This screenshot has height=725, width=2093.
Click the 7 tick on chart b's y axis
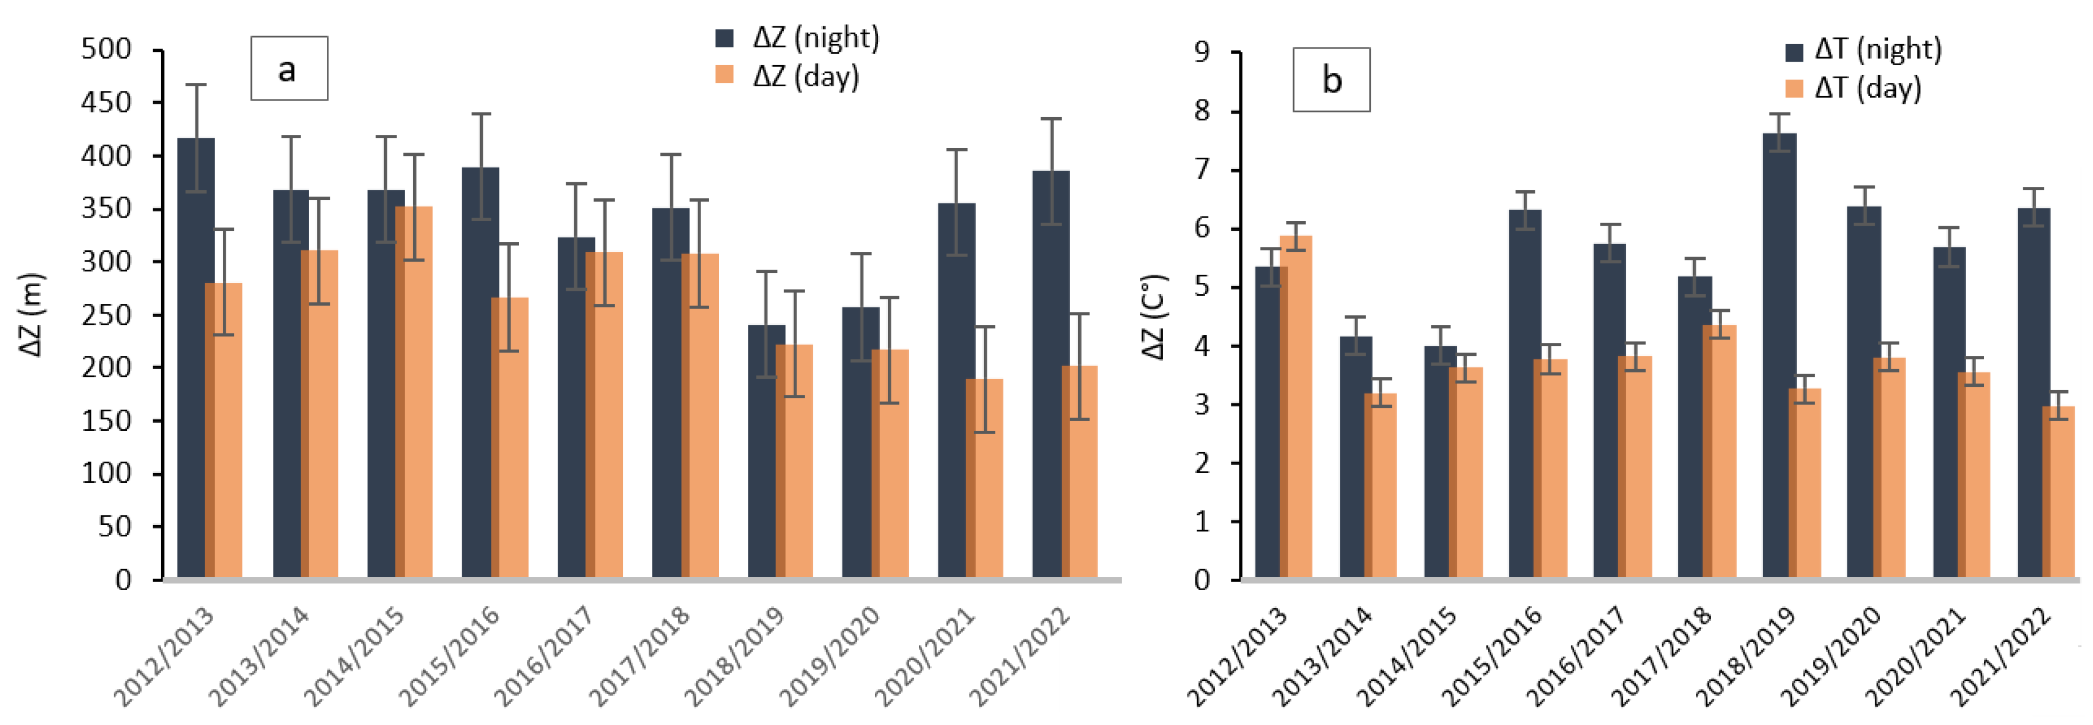click(1202, 170)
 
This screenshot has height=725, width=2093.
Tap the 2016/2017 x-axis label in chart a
click(543, 656)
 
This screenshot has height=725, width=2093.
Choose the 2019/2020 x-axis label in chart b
click(1830, 656)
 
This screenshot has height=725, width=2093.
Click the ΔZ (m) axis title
click(31, 315)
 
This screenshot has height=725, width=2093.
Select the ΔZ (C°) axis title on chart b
click(1153, 317)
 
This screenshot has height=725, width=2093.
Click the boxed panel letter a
click(289, 69)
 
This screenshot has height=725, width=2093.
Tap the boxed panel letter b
click(1331, 79)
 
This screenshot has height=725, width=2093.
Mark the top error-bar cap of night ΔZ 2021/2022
click(1051, 119)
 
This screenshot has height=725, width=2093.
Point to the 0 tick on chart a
click(123, 579)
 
